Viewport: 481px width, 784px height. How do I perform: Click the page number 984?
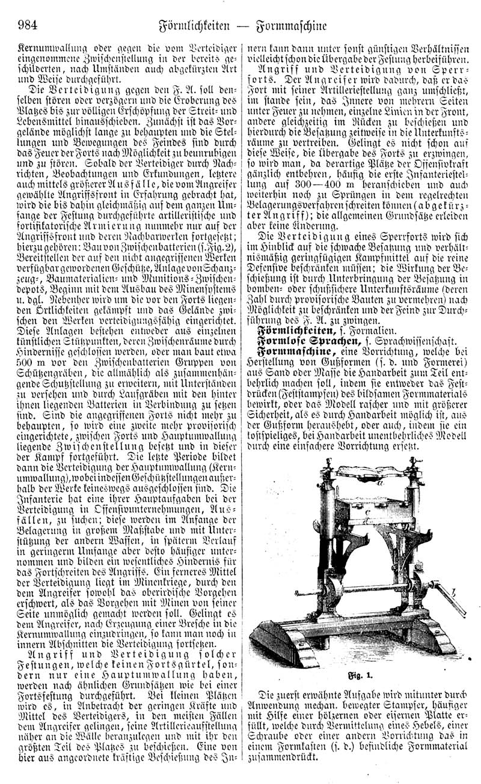point(29,26)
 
